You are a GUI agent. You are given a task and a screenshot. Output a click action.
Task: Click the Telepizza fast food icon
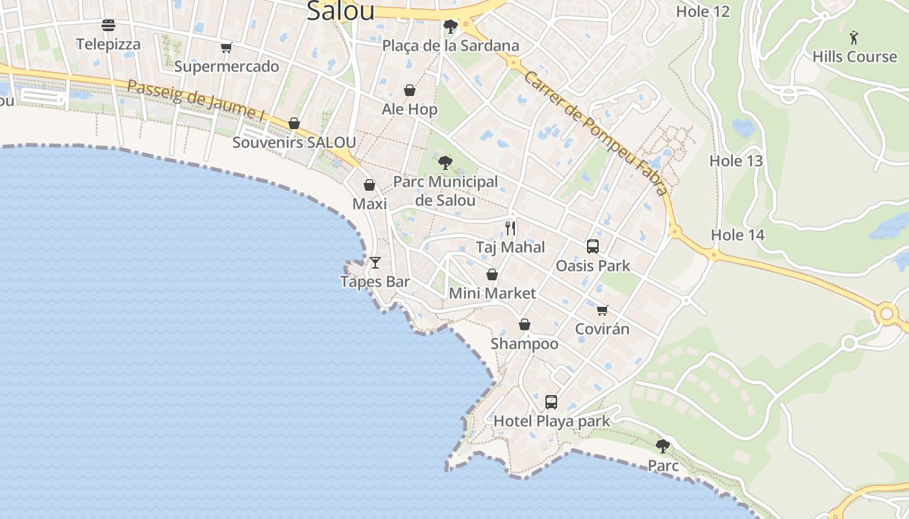[108, 25]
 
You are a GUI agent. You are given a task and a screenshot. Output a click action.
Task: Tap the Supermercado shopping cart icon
[226, 47]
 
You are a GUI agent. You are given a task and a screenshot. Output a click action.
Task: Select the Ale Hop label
[410, 109]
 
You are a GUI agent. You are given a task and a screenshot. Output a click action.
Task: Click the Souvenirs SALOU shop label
[294, 143]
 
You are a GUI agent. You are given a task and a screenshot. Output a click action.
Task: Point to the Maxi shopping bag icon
[369, 186]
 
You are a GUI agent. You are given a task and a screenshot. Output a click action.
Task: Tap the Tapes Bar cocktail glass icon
[375, 263]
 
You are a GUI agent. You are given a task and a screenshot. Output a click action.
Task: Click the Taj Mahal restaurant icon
[510, 228]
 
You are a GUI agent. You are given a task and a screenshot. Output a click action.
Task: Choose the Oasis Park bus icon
[593, 247]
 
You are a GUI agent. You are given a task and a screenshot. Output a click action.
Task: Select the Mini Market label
[493, 293]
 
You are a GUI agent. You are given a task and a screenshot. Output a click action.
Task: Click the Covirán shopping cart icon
[603, 310]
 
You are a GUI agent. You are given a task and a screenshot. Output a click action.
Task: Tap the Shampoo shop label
[525, 344]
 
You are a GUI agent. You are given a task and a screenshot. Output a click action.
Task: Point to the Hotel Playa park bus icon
[551, 402]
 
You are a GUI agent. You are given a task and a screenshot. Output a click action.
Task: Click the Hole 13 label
[736, 161]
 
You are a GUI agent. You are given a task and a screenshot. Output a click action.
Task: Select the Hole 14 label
[738, 235]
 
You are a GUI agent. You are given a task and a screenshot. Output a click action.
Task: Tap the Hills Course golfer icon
[854, 38]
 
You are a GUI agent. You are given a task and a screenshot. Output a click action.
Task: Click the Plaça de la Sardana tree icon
[450, 27]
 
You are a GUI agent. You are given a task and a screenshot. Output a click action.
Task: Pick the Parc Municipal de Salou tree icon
[445, 162]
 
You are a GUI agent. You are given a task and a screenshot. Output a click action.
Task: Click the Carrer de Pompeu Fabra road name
[595, 133]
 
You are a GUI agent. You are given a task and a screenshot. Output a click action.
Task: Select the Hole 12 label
[703, 11]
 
